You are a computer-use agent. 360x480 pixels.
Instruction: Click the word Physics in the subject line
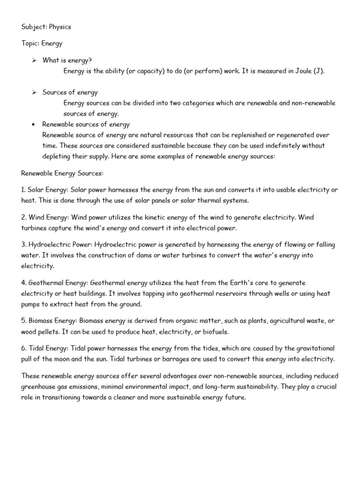pos(60,27)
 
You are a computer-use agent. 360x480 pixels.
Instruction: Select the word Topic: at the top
pos(30,44)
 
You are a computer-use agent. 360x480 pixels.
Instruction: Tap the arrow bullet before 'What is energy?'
pos(34,60)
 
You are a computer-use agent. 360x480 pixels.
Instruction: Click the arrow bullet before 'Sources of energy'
pos(34,92)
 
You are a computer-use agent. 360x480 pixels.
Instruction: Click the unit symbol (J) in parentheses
pos(318,71)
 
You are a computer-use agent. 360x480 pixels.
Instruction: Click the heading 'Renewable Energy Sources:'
pos(62,173)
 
